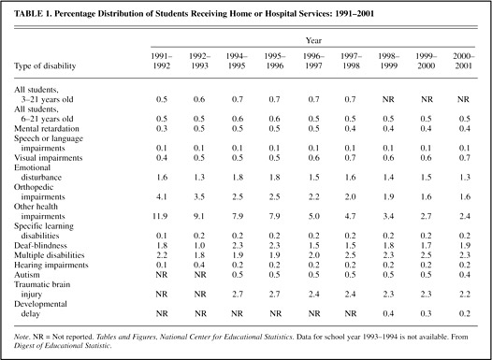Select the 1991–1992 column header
[162, 61]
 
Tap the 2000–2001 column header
[464, 61]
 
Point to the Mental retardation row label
[47, 129]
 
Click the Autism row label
[27, 275]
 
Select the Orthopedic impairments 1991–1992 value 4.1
[162, 197]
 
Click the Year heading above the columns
[313, 40]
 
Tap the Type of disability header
[45, 66]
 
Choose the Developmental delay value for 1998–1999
[388, 313]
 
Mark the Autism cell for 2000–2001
[464, 275]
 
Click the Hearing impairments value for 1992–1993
[199, 265]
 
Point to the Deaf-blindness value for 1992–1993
[199, 246]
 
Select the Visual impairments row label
[48, 158]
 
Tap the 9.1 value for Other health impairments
[199, 216]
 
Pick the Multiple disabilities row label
[50, 255]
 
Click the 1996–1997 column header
[313, 61]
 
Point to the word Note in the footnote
[21, 338]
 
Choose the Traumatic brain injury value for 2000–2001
[464, 295]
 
